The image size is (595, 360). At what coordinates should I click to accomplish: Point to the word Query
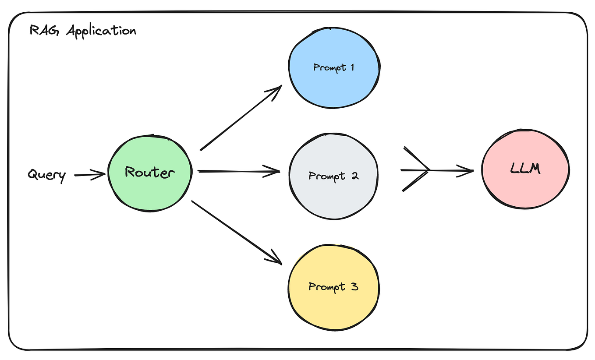click(47, 175)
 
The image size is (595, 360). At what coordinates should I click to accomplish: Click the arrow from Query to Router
click(90, 175)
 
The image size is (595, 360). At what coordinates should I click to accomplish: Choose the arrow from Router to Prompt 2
click(239, 171)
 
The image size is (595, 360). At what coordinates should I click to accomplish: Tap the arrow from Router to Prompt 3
click(237, 232)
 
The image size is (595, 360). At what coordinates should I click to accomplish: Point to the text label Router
click(149, 172)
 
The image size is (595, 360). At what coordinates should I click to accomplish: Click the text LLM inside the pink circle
click(525, 169)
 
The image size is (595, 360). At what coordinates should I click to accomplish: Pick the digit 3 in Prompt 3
click(354, 287)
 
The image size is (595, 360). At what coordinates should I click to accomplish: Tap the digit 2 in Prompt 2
click(354, 176)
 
